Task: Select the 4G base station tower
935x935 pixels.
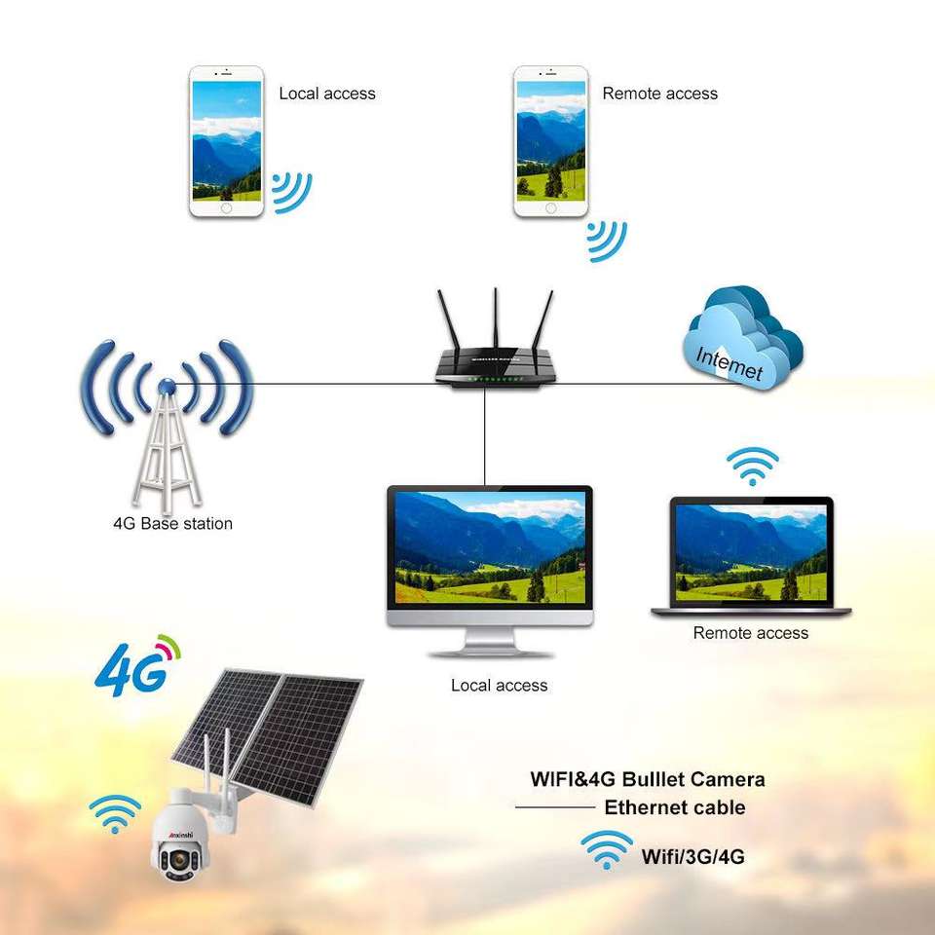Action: click(166, 438)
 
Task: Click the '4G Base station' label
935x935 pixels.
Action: click(172, 523)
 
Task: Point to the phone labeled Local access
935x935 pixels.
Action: click(226, 141)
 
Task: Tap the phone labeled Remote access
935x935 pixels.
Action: click(551, 141)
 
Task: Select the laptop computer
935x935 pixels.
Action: click(751, 558)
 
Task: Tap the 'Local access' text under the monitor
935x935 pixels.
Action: click(499, 686)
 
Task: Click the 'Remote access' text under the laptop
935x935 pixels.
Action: click(750, 633)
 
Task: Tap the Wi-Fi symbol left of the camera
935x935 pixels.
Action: click(115, 813)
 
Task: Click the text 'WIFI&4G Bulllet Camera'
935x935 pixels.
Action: click(647, 779)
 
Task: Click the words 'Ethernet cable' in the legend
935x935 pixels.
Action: click(674, 807)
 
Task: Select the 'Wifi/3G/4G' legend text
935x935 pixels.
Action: click(692, 858)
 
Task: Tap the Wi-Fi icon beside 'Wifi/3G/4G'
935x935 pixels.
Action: click(606, 850)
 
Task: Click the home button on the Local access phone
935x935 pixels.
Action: click(226, 207)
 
